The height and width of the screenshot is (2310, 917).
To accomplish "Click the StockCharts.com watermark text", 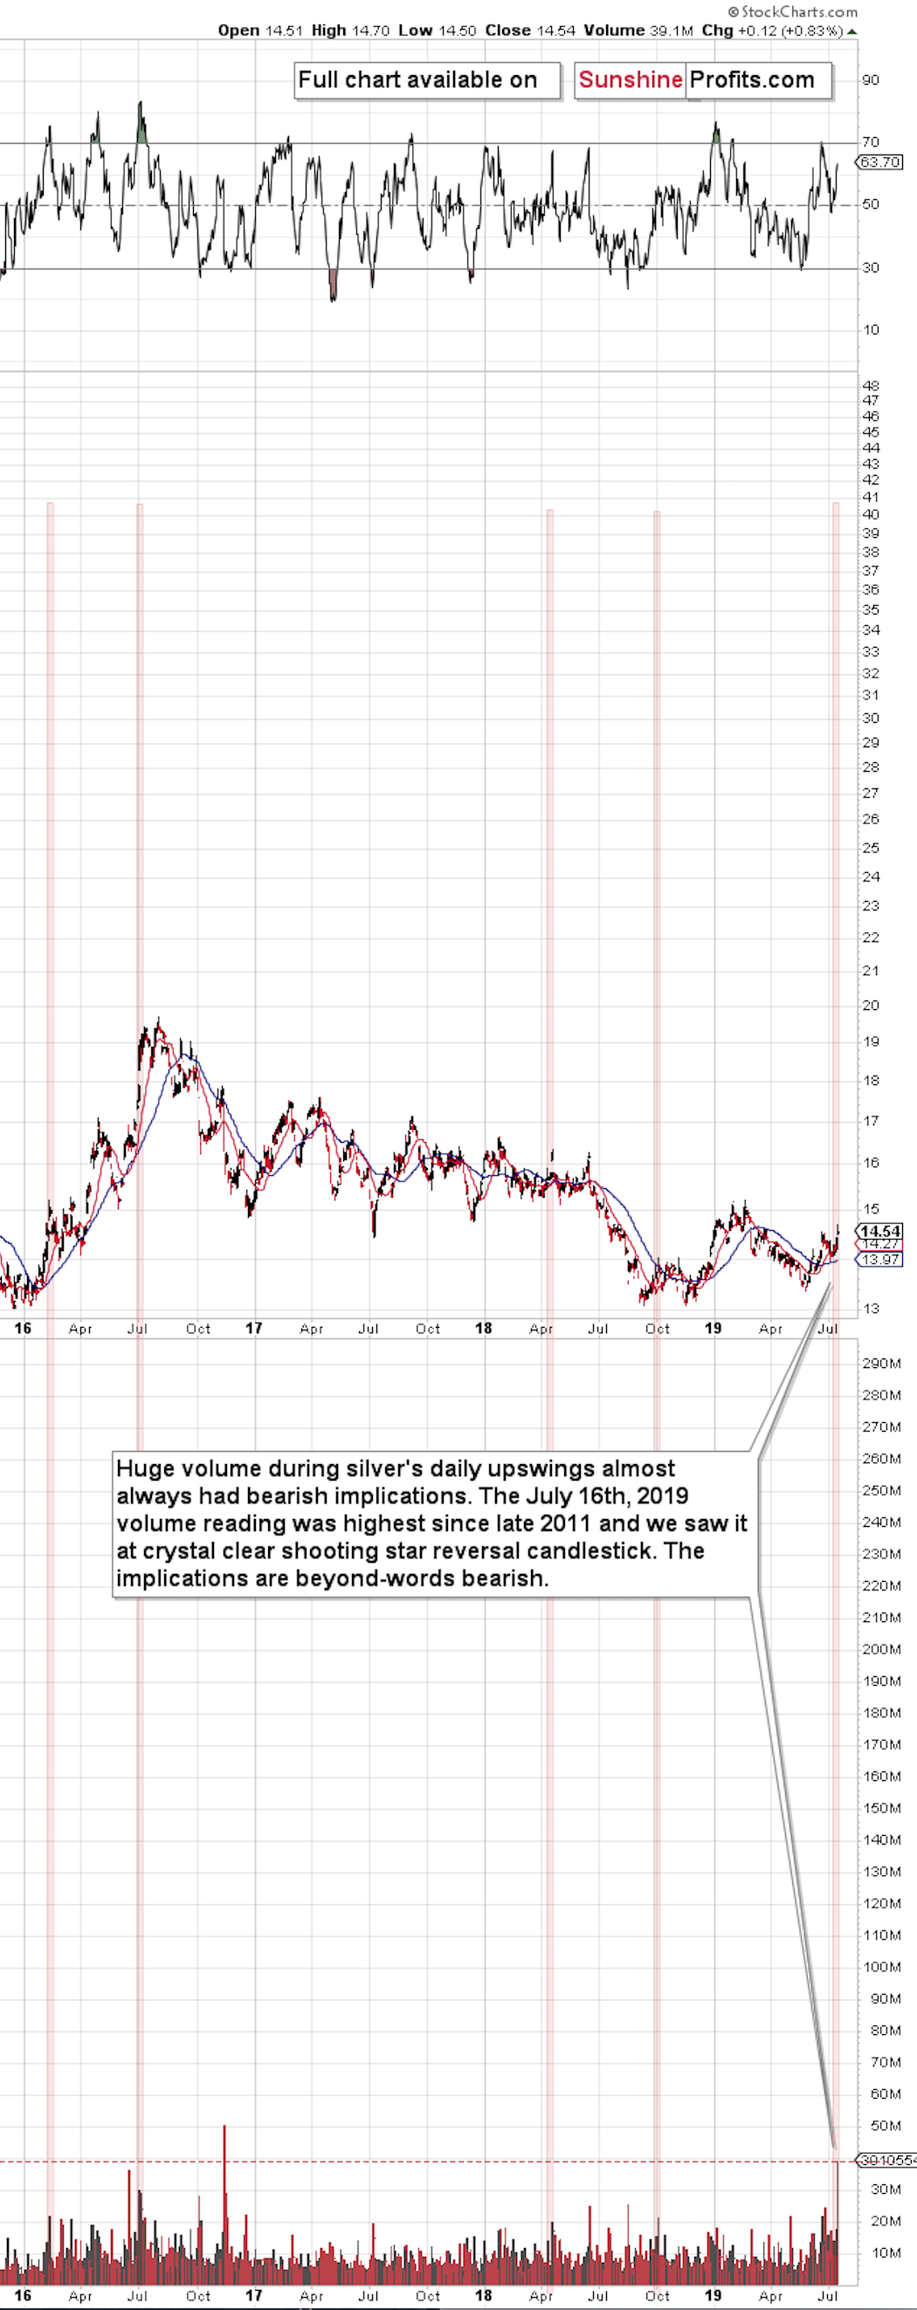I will pyautogui.click(x=792, y=11).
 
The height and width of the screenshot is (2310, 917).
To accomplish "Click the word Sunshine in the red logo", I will pyautogui.click(x=630, y=79).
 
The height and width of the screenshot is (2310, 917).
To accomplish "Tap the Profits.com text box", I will pyautogui.click(x=753, y=79).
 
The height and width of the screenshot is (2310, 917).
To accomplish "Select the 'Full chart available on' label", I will pyautogui.click(x=418, y=79).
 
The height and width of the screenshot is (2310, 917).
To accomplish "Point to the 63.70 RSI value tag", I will pyautogui.click(x=879, y=162).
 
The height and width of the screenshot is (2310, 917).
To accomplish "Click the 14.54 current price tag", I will pyautogui.click(x=879, y=1231).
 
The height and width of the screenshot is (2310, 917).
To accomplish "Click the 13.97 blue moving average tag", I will pyautogui.click(x=879, y=1260).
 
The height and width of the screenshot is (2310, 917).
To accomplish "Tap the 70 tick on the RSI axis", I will pyautogui.click(x=870, y=141).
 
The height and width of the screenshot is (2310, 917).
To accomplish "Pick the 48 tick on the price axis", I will pyautogui.click(x=870, y=387).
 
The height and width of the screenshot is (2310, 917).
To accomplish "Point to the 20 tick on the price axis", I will pyautogui.click(x=870, y=1005).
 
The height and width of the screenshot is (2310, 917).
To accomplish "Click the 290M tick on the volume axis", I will pyautogui.click(x=880, y=1364).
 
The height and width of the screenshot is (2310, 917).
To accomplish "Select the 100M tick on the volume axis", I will pyautogui.click(x=880, y=1967).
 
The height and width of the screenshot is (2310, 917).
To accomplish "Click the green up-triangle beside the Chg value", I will pyautogui.click(x=851, y=31).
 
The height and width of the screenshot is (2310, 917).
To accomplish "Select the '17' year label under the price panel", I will pyautogui.click(x=254, y=1328).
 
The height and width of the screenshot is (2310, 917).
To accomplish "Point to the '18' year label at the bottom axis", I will pyautogui.click(x=484, y=2296).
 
